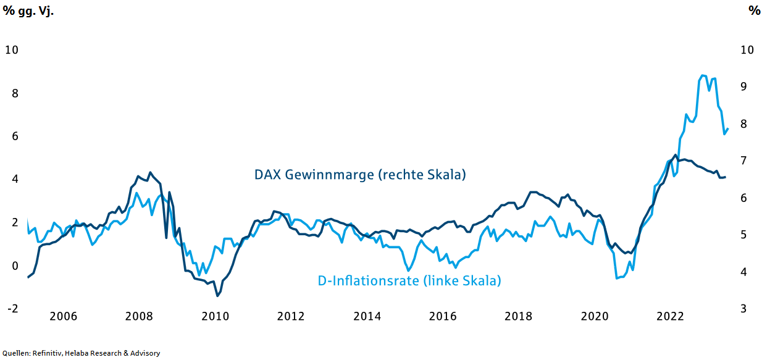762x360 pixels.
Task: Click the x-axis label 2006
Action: pos(63,316)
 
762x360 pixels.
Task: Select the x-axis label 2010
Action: pos(215,316)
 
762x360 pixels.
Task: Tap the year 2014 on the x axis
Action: pos(367,316)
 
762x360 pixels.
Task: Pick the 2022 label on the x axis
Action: pos(670,316)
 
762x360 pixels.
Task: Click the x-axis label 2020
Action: pos(594,316)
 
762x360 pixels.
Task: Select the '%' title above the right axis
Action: pos(754,10)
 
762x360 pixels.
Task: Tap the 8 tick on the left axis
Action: pos(12,93)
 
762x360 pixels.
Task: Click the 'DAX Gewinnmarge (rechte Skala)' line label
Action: pos(360,175)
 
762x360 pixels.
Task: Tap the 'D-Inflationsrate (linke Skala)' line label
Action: pos(409,281)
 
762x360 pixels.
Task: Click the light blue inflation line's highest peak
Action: pos(703,75)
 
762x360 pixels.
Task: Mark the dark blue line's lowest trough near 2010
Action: pos(217,296)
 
